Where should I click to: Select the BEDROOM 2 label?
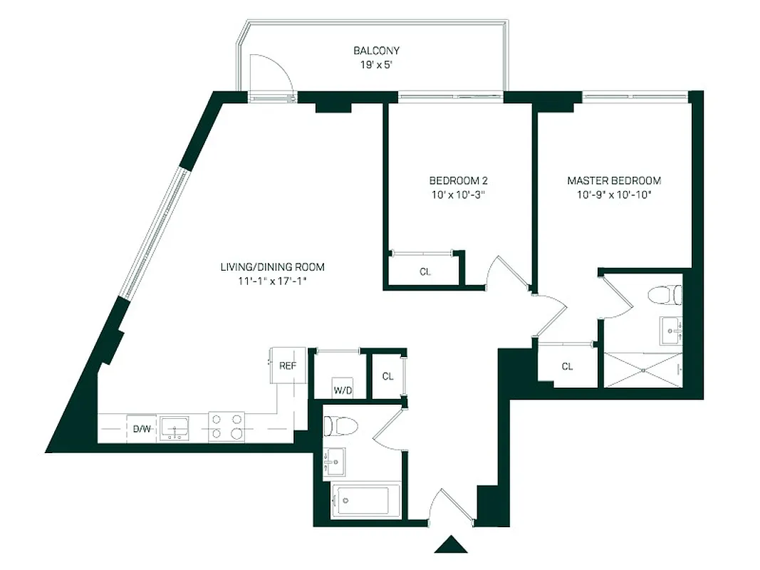tap(458, 180)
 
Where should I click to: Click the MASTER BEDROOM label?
tap(614, 180)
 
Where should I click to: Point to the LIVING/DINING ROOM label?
tap(272, 267)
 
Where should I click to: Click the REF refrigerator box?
tap(288, 366)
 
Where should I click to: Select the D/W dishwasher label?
tap(142, 429)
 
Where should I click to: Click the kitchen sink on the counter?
tap(174, 428)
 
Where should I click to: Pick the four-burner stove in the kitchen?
tap(227, 427)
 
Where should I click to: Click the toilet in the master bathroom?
tap(665, 294)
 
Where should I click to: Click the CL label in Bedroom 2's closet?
tap(425, 271)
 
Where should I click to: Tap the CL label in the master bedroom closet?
tap(567, 367)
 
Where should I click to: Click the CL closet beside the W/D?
tap(387, 376)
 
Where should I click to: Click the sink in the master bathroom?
tap(670, 328)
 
